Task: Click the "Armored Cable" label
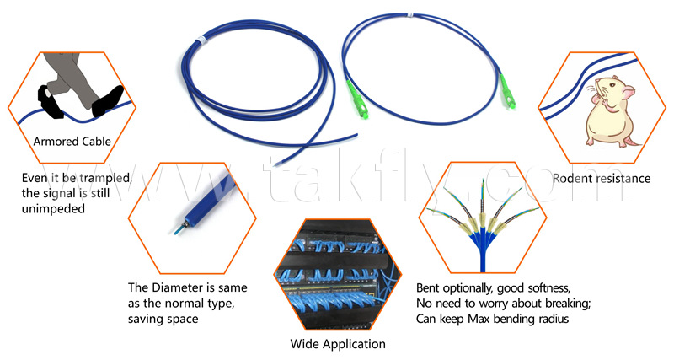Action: click(72, 142)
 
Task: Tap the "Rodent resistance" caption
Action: click(602, 179)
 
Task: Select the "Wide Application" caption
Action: click(338, 344)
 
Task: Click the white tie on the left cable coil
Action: click(200, 40)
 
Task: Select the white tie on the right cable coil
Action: click(410, 15)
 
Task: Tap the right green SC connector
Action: click(507, 92)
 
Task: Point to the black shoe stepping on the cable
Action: click(108, 101)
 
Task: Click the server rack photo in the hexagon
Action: click(338, 274)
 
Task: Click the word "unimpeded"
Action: click(53, 209)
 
